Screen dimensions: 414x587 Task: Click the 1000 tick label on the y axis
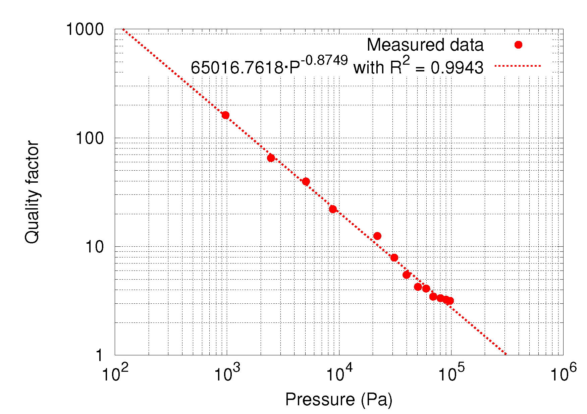click(85, 29)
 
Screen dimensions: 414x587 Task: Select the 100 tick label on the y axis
click(90, 138)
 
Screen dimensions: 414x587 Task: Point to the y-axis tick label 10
click(95, 247)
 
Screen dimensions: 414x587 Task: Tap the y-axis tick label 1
click(99, 355)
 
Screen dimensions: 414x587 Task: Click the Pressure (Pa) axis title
click(339, 400)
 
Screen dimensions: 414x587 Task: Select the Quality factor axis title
click(32, 192)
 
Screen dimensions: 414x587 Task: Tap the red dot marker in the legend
click(518, 45)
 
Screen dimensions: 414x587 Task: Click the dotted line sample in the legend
click(518, 66)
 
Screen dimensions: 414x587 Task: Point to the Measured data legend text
click(425, 45)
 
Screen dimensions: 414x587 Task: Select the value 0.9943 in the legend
click(457, 68)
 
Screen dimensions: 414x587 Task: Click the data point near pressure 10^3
click(225, 115)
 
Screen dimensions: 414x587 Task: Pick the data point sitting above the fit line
click(377, 236)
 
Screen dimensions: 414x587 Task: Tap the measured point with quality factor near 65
click(271, 158)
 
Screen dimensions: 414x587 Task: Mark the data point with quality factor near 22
click(333, 209)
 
